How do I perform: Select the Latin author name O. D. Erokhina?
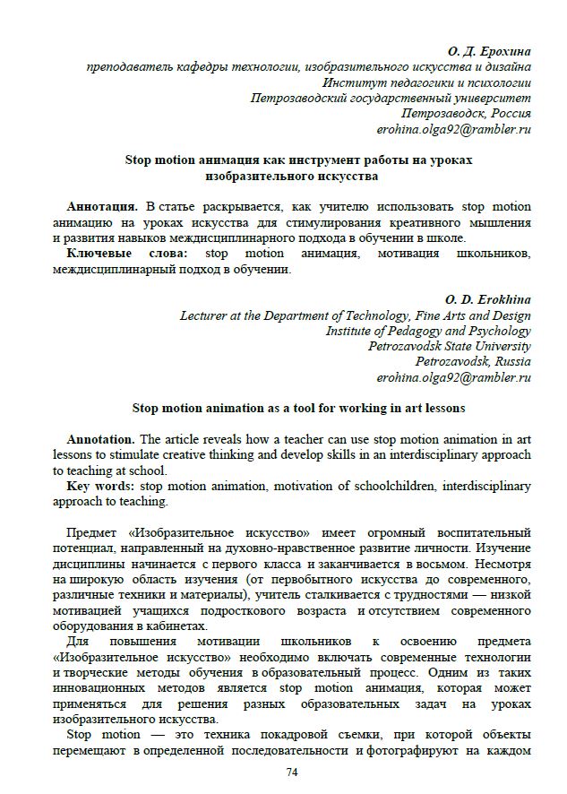point(488,299)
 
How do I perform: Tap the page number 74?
point(292,772)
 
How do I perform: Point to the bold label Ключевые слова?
point(126,254)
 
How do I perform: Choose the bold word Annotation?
point(101,439)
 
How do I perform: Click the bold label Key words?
point(102,487)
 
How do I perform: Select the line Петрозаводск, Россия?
point(466,114)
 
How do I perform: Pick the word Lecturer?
point(207,315)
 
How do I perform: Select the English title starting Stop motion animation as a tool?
point(298,409)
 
